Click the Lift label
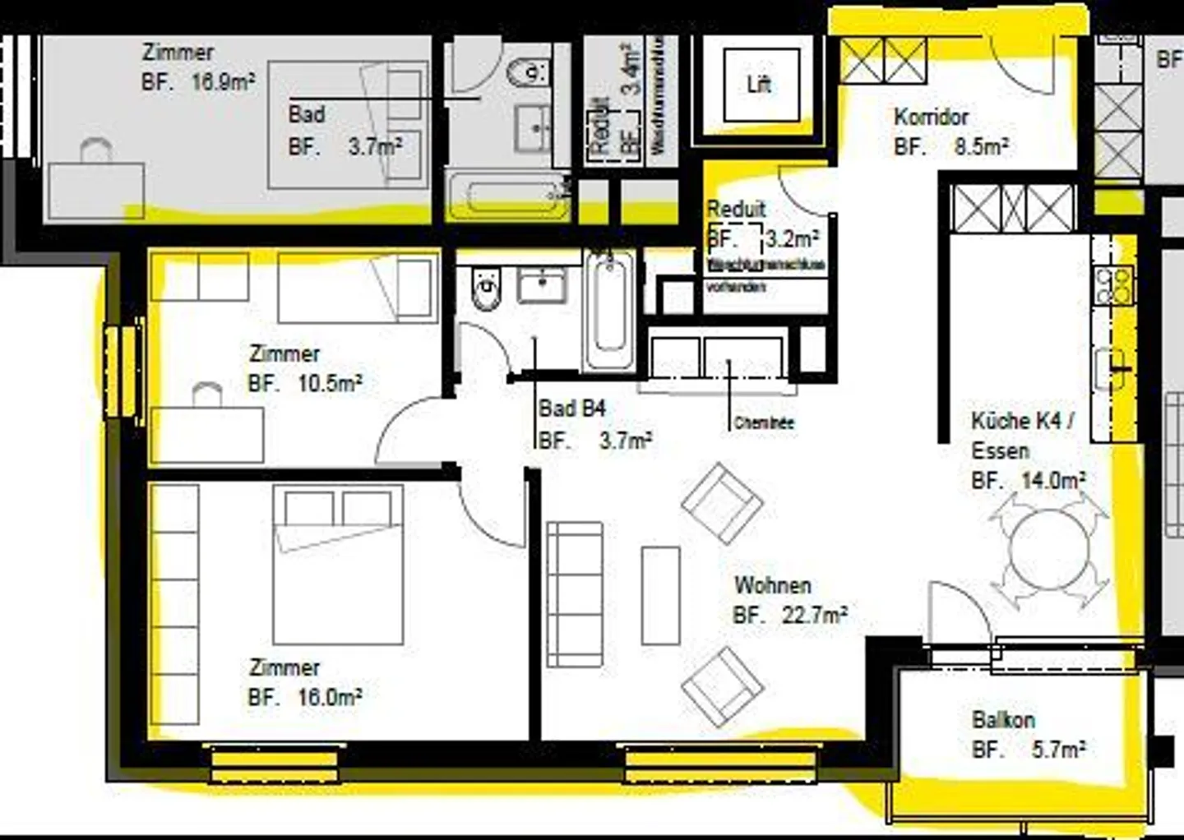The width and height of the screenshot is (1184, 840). pyautogui.click(x=759, y=84)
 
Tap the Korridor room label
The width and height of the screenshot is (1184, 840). pyautogui.click(x=931, y=117)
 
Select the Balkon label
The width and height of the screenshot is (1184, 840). pyautogui.click(x=1003, y=720)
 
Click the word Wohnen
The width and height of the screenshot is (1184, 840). pyautogui.click(x=773, y=585)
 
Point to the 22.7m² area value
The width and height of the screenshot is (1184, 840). pyautogui.click(x=814, y=615)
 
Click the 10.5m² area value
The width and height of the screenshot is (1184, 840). pyautogui.click(x=330, y=383)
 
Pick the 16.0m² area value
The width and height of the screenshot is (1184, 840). pyautogui.click(x=330, y=698)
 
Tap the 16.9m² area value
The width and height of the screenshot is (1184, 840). pyautogui.click(x=222, y=81)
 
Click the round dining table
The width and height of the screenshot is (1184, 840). pyautogui.click(x=1049, y=548)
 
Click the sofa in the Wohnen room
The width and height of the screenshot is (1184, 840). pyautogui.click(x=575, y=593)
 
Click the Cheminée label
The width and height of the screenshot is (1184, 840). pyautogui.click(x=763, y=424)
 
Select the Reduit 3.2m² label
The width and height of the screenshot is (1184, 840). pyautogui.click(x=738, y=210)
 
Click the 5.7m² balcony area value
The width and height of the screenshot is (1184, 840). pyautogui.click(x=1058, y=750)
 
